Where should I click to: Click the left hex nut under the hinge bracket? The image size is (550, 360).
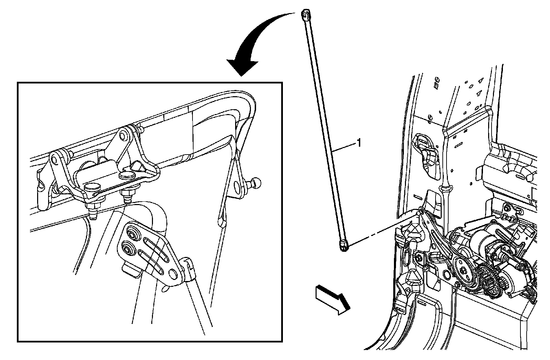click(93, 207)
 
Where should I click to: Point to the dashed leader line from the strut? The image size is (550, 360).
click(382, 231)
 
